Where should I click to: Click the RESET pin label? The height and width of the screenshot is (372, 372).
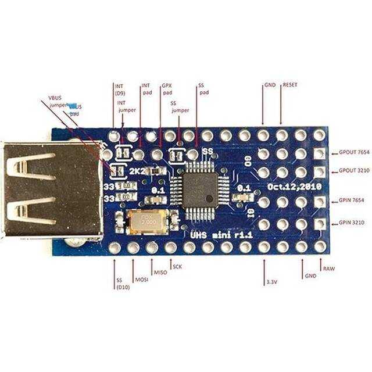(x=289, y=85)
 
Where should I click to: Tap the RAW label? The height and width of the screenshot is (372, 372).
(x=329, y=269)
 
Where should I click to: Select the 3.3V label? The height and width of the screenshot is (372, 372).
(x=271, y=282)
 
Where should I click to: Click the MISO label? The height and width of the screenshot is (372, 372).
(x=160, y=272)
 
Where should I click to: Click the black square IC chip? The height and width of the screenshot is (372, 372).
(x=199, y=189)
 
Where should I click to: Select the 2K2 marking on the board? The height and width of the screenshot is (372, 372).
(x=137, y=171)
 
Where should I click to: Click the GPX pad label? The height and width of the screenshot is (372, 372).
(x=167, y=88)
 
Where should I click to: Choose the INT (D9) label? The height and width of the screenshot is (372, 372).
(x=119, y=88)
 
